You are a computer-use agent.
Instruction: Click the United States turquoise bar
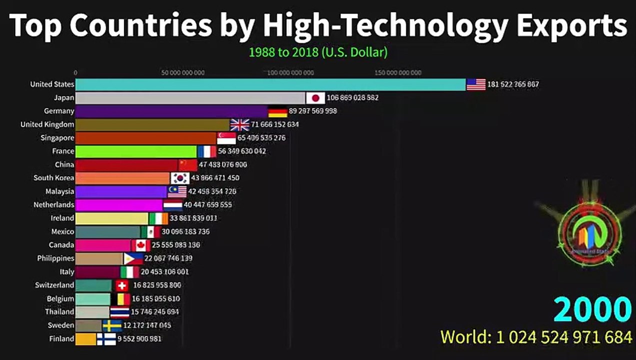pos(270,84)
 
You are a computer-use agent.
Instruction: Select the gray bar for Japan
pos(190,98)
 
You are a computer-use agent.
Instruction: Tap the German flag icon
pos(277,111)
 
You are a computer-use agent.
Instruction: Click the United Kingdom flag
pos(239,124)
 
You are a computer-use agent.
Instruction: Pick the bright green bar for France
pos(136,151)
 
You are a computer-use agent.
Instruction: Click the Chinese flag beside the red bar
pos(188,165)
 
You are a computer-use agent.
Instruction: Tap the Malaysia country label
pos(59,191)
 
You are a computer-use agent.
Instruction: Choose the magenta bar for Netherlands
pos(119,205)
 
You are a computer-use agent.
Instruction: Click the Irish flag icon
pos(158,218)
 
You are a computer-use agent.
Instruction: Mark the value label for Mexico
pos(185,231)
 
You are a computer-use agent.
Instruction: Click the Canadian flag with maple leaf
pos(140,245)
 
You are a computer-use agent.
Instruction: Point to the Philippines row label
pos(55,258)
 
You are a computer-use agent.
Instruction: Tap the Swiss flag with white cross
pos(121,285)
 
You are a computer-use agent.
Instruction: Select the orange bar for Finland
pos(85,339)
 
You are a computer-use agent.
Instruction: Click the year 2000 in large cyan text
pos(592,309)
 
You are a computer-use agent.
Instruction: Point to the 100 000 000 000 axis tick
pos(290,73)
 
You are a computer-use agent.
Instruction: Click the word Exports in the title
pos(571,26)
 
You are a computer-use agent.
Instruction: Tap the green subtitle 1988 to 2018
pos(283,52)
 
